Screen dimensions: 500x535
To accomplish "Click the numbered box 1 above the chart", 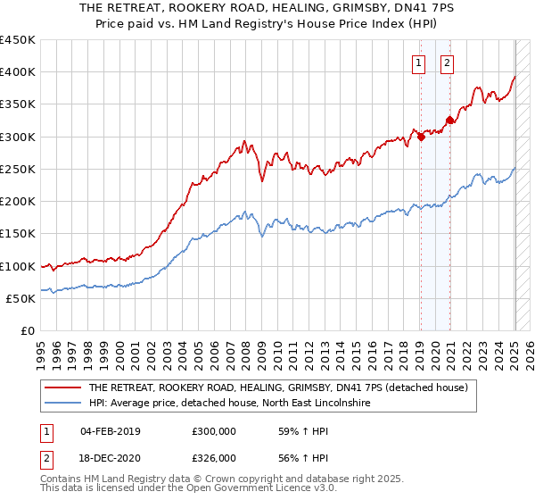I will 419,62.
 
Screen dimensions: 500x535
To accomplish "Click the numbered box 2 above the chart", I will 448,62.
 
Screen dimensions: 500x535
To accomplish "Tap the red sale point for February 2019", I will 421,137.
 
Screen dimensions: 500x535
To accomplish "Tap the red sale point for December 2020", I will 450,120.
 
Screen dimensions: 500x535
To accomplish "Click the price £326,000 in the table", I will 213,458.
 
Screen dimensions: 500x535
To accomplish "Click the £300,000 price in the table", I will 213,431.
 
